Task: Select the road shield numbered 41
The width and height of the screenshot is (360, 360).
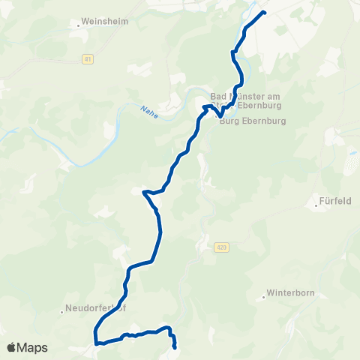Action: click(x=88, y=59)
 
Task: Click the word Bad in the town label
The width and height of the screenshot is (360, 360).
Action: click(x=219, y=96)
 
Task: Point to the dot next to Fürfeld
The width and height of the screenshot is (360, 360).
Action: click(x=316, y=202)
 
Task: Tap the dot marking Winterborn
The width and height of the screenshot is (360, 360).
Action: click(x=264, y=295)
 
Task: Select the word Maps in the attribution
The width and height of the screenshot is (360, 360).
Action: click(x=32, y=347)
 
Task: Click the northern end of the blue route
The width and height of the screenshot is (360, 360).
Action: click(x=265, y=12)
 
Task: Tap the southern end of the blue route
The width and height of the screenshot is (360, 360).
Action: click(x=174, y=347)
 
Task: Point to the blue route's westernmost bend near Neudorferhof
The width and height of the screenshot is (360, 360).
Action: click(x=95, y=331)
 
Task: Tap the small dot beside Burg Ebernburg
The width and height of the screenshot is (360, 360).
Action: click(x=217, y=117)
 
